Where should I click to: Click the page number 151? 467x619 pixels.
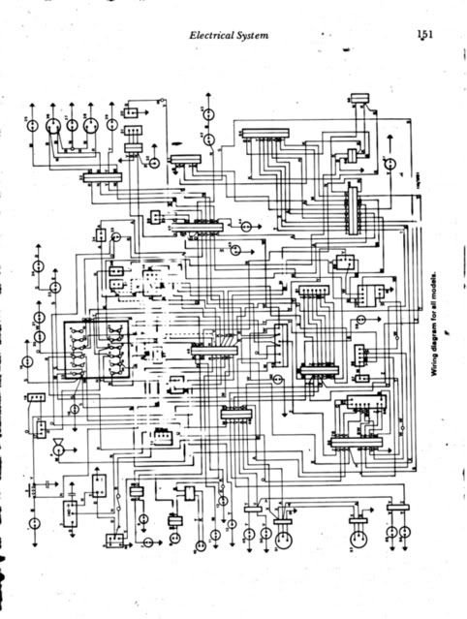(425, 33)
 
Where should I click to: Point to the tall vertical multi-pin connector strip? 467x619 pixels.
(353, 204)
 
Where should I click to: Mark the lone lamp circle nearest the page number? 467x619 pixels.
(389, 166)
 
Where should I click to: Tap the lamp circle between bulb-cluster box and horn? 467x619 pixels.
(74, 410)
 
